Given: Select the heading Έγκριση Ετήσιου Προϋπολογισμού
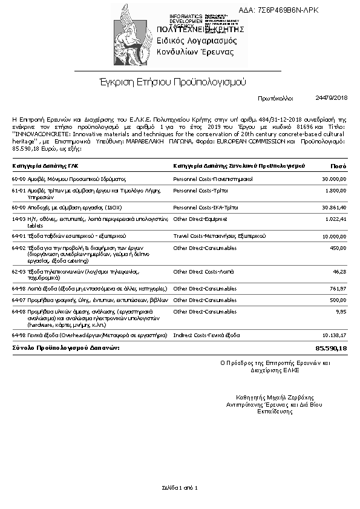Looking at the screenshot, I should click(x=172, y=81).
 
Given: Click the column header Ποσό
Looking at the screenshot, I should click(x=338, y=165).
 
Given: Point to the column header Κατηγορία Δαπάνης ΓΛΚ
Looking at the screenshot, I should click(x=45, y=165).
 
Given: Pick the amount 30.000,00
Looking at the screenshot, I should click(x=334, y=179).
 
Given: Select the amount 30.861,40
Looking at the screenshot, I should click(x=334, y=207).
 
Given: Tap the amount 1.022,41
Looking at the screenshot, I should click(x=336, y=218).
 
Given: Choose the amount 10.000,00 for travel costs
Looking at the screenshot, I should click(x=334, y=236).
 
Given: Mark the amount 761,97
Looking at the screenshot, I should click(x=338, y=289).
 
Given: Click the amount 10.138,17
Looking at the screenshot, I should click(x=334, y=335).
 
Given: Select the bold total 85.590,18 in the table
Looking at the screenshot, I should click(x=331, y=349).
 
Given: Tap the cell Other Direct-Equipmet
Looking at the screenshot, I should click(x=200, y=218).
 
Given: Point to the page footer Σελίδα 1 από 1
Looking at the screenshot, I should click(x=180, y=487).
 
